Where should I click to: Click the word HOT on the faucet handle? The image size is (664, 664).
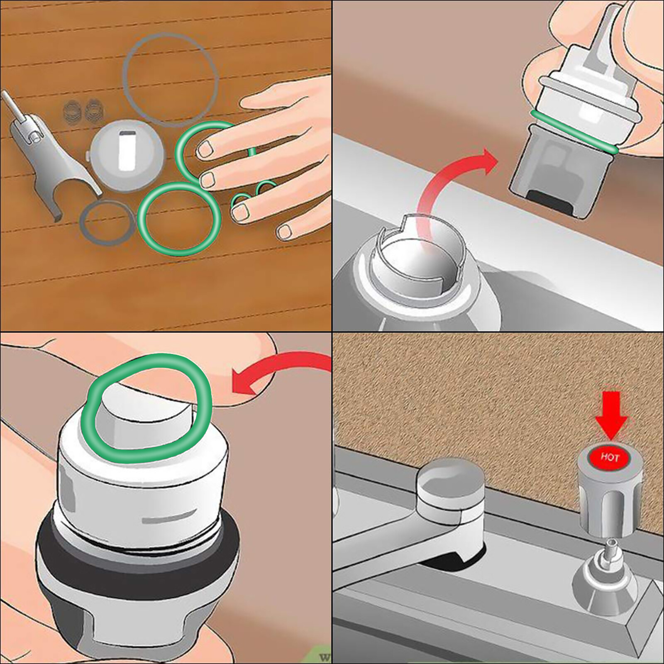point(610,457)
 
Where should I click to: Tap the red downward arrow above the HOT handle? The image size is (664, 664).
point(611,415)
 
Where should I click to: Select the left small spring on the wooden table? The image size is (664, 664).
point(71,111)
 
